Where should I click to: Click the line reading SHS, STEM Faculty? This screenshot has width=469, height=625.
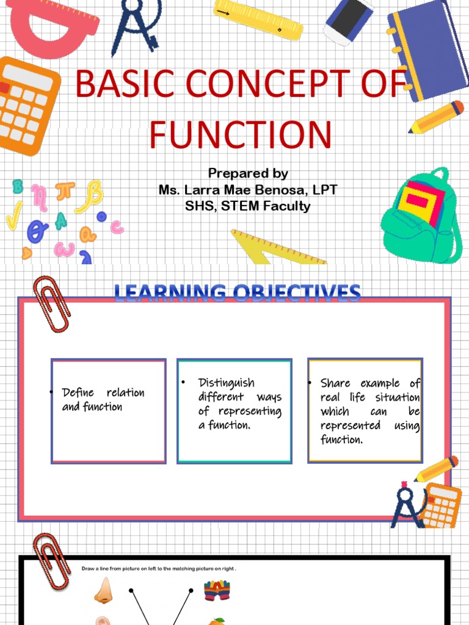(x=247, y=206)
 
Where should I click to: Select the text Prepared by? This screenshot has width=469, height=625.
(x=248, y=173)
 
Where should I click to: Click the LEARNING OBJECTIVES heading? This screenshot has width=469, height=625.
(x=238, y=292)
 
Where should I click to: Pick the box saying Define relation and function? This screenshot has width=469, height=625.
(x=109, y=410)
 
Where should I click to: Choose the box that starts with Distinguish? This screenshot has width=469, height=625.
(x=234, y=410)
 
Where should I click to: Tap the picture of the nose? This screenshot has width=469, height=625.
(x=104, y=591)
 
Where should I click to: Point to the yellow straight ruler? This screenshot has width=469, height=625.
(x=258, y=19)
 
